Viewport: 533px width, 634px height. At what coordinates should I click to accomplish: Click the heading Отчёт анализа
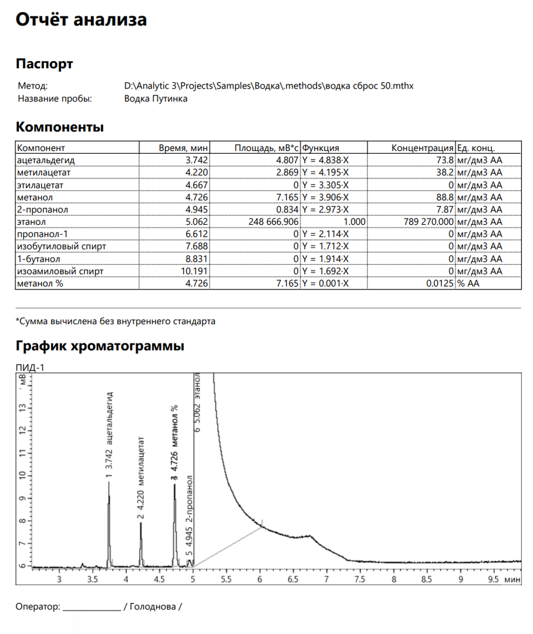pos(81,20)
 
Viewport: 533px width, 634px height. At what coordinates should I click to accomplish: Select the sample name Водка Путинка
pos(156,99)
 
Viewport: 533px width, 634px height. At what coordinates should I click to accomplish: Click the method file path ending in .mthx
pos(269,86)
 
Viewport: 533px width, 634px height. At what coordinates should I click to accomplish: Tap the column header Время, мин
pos(184,148)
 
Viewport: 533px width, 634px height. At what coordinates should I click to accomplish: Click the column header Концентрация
pos(423,148)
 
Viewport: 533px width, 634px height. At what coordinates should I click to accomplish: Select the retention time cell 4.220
pos(197,173)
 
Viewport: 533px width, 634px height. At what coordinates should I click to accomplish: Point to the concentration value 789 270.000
pos(429,222)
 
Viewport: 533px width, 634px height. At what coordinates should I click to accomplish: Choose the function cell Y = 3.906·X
pos(325,197)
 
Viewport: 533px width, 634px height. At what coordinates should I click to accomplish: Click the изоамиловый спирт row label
pos(60,271)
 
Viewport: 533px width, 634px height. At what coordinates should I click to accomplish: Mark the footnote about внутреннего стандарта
pos(115,321)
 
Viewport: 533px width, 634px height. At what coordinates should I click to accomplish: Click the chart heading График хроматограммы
pos(100,346)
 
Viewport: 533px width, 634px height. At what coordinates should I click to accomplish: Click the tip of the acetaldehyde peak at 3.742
pos(109,483)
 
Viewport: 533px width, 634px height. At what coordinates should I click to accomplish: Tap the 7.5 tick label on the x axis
pos(359,579)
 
